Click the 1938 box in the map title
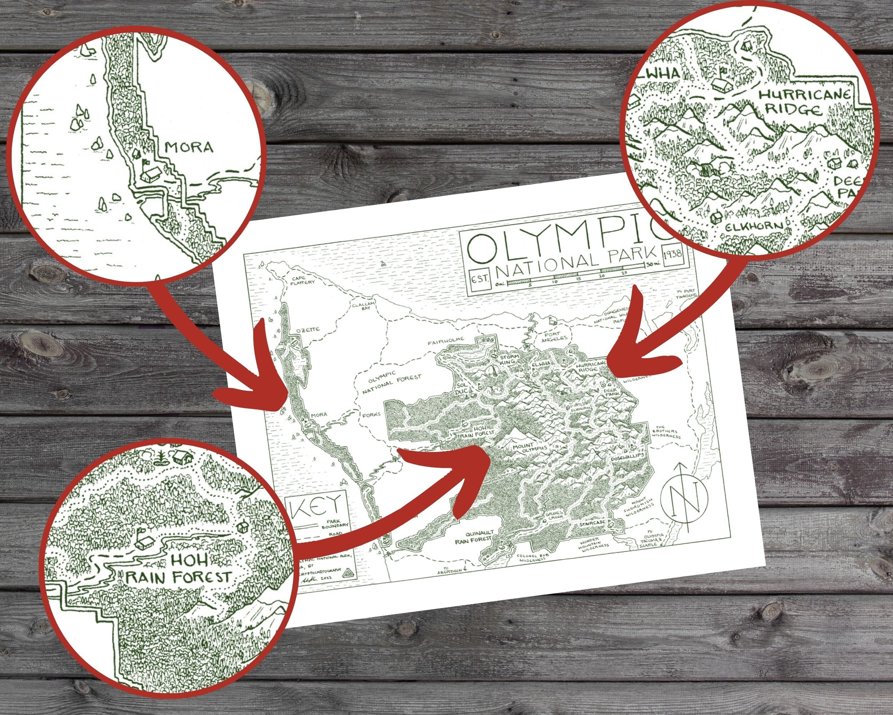(x=673, y=252)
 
